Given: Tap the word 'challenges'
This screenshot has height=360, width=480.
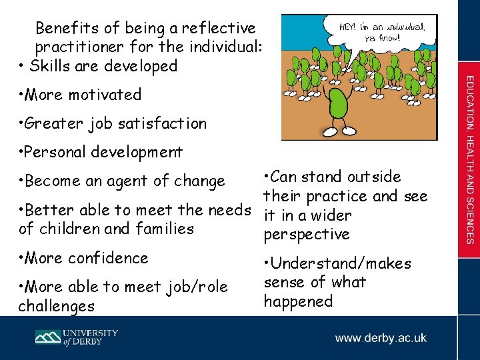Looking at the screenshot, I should coord(56,306).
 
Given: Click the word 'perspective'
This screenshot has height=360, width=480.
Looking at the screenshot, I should coord(307,235).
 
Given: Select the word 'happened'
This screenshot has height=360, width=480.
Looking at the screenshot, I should coord(298,301).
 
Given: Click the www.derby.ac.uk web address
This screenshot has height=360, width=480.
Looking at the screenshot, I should coord(381,338).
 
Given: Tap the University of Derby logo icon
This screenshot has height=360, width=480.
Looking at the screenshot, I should coord(49,337).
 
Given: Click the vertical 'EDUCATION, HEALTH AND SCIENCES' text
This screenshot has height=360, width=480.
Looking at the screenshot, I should coord(469,160).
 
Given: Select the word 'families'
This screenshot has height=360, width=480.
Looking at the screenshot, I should coord(163,229).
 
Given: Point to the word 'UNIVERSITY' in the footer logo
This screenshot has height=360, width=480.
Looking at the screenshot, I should coord(91,333).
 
